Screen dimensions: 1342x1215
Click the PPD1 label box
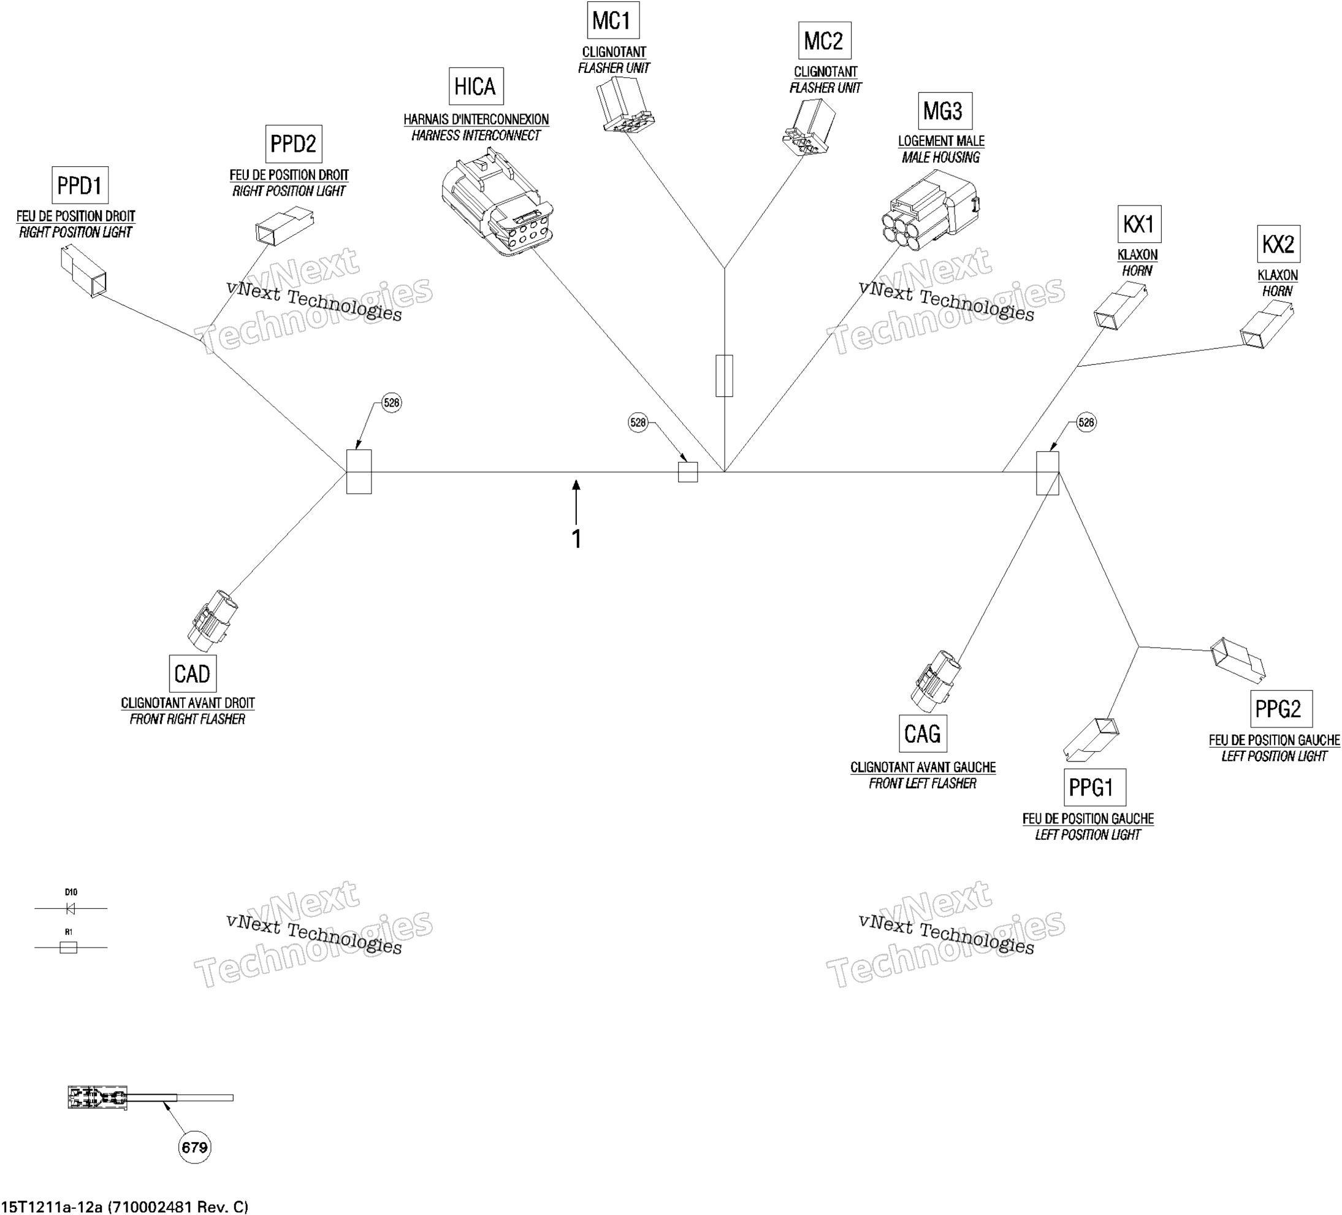coord(80,185)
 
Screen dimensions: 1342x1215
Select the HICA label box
coord(476,86)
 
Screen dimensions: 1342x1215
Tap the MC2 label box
coord(825,40)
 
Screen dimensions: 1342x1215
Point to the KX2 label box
coord(1278,244)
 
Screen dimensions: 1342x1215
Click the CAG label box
coord(923,734)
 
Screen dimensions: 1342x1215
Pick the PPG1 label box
coord(1094,788)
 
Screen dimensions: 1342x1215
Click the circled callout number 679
coord(194,1146)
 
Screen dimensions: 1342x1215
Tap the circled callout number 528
coord(638,423)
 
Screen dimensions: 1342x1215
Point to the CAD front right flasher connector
coord(212,620)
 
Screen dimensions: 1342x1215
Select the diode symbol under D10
coord(71,908)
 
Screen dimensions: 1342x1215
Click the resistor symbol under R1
coord(69,947)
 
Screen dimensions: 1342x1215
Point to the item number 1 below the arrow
coord(576,539)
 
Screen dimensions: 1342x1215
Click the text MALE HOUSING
coord(940,157)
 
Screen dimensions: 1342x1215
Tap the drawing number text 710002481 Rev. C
coord(178,1206)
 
